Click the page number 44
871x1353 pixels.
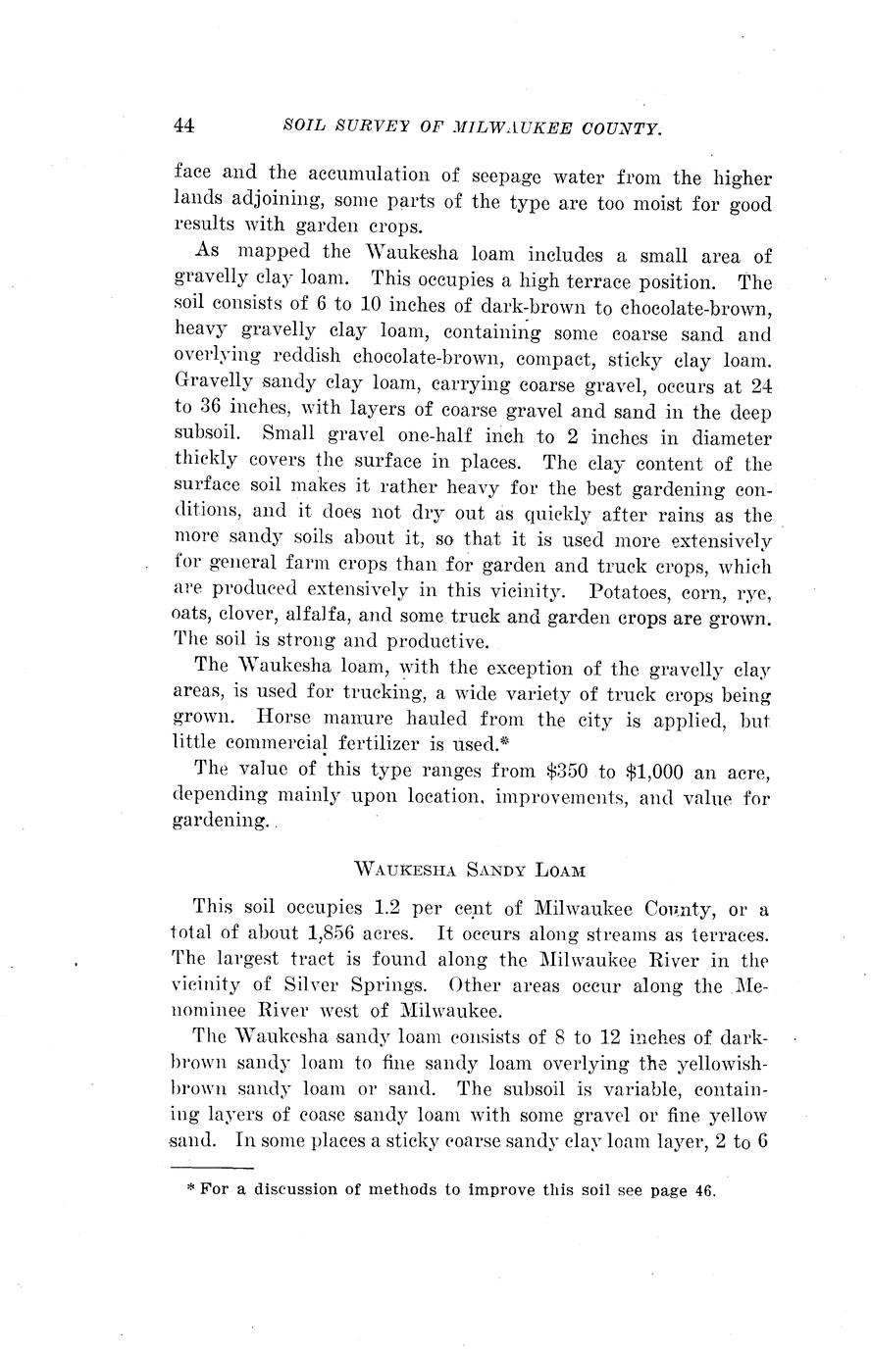[184, 125]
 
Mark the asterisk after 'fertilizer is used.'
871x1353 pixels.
[509, 741]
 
